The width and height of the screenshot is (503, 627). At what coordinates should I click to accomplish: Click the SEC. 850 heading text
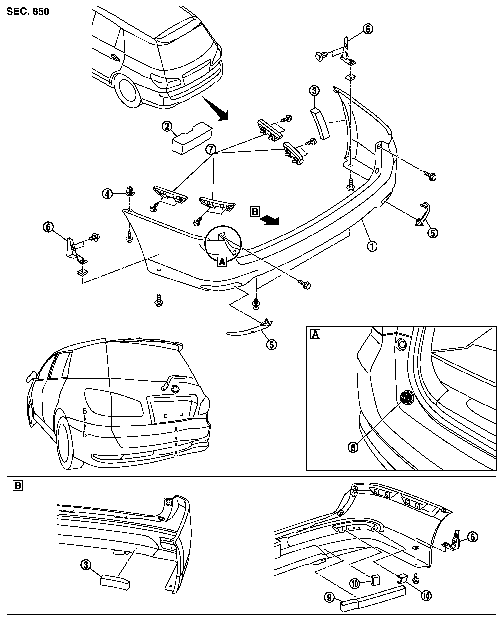[x=28, y=12]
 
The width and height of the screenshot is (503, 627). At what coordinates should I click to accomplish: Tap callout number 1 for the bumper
[x=372, y=247]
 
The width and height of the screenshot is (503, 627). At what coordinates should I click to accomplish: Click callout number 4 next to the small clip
[x=107, y=193]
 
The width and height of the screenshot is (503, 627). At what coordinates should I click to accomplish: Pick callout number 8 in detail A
[x=353, y=447]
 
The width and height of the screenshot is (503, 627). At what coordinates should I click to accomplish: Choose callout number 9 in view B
[x=329, y=597]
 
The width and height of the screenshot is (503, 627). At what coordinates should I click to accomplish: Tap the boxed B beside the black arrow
[x=255, y=211]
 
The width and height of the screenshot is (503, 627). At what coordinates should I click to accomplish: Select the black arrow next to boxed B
[x=270, y=221]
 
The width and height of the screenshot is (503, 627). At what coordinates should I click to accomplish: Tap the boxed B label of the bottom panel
[x=18, y=486]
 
